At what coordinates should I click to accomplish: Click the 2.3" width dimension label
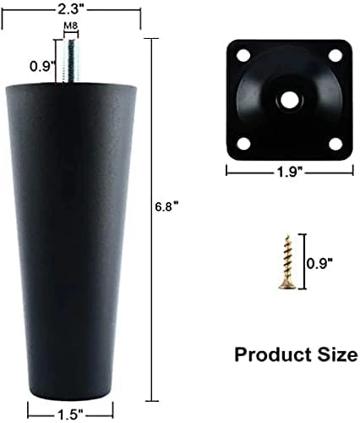[x=71, y=9]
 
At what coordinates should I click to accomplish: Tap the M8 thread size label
[x=71, y=26]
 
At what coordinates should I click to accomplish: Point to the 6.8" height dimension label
[x=167, y=208]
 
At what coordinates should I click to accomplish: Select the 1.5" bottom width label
[x=70, y=415]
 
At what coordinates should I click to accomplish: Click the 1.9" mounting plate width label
[x=290, y=172]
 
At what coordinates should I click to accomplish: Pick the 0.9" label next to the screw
[x=319, y=264]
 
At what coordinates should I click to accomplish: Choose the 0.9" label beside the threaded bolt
[x=42, y=66]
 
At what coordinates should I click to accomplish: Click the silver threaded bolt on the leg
[x=70, y=61]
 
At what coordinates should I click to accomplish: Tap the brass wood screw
[x=287, y=262]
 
